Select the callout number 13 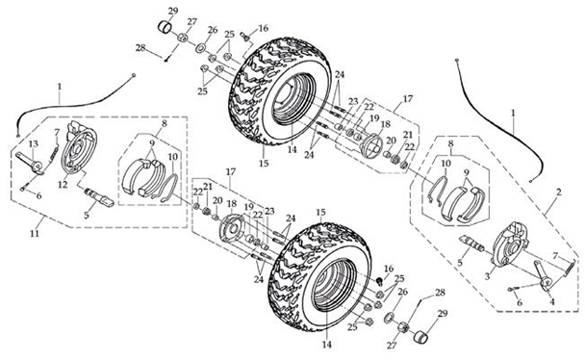point(33,144)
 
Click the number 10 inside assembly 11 point(173,155)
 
